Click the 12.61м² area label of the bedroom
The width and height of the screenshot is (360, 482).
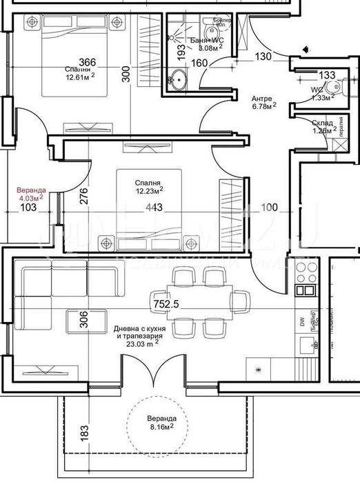(x=80, y=77)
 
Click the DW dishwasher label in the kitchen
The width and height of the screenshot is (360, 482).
(x=302, y=322)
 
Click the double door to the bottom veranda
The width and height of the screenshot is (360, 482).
(x=157, y=376)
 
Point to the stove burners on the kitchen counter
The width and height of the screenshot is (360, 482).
(x=304, y=274)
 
